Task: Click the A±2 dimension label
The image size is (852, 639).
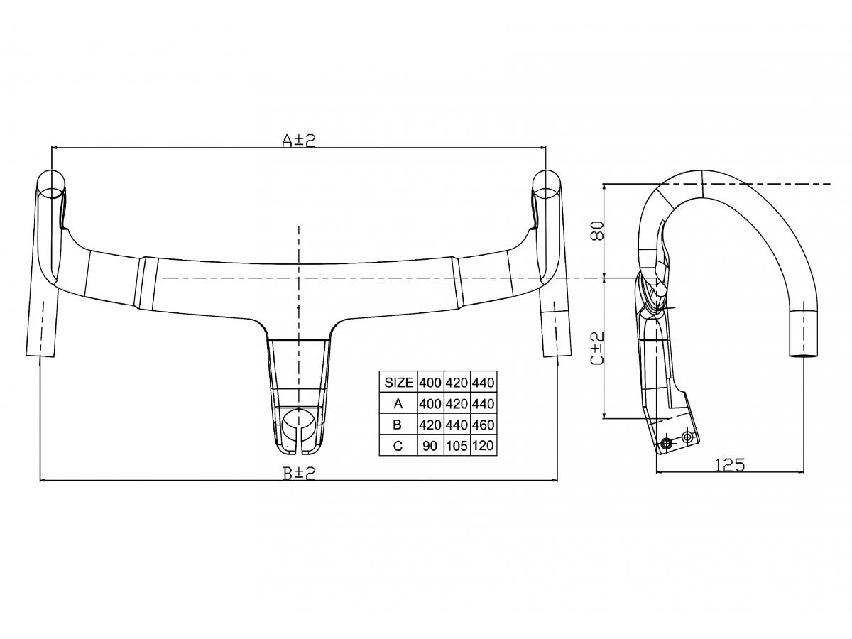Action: (x=298, y=141)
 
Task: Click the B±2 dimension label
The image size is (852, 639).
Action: (x=298, y=473)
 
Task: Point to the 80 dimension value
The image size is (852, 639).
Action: (x=597, y=231)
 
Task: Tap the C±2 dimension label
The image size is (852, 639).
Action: (x=597, y=348)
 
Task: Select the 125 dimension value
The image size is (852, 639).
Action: (x=729, y=464)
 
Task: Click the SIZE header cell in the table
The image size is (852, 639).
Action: (x=398, y=382)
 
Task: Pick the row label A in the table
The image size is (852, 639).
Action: (x=398, y=403)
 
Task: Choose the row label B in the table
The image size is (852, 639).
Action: (x=398, y=425)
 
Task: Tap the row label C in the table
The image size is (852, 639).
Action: (x=398, y=446)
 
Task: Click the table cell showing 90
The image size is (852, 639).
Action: (x=430, y=446)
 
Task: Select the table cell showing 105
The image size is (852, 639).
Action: (x=457, y=446)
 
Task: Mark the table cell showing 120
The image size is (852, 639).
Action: (x=482, y=446)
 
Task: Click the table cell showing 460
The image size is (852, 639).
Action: (x=482, y=425)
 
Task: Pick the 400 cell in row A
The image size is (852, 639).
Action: (x=430, y=403)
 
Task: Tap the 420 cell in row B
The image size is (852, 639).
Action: (x=430, y=425)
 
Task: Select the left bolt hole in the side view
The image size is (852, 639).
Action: (x=666, y=444)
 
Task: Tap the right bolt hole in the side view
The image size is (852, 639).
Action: (x=687, y=436)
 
